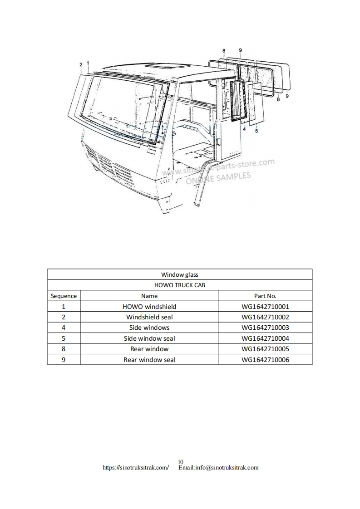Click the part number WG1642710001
[x=265, y=307]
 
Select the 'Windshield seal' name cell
[x=149, y=317]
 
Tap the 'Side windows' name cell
[x=149, y=328]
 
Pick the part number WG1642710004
[x=265, y=338]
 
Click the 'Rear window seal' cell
[x=149, y=360]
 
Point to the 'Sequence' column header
[x=64, y=296]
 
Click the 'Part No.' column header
[x=265, y=296]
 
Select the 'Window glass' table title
[x=180, y=274]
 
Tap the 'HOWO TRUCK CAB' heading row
[x=180, y=285]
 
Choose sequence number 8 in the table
[x=64, y=349]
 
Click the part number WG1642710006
[x=265, y=360]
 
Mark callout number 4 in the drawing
[x=244, y=129]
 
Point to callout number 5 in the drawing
[x=256, y=131]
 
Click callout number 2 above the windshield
[x=81, y=65]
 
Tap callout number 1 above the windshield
[x=88, y=63]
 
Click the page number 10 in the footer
[x=180, y=462]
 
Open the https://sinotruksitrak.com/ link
[x=136, y=467]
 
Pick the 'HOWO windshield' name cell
[x=149, y=307]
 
